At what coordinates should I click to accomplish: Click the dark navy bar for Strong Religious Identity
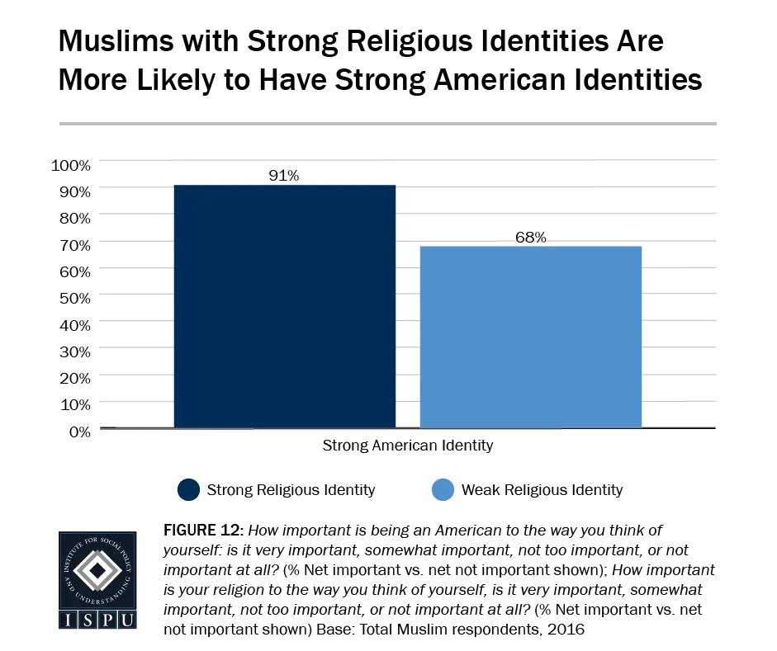pyautogui.click(x=284, y=306)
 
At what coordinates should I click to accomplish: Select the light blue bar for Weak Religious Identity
pyautogui.click(x=530, y=337)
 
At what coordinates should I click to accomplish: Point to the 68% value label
pyautogui.click(x=532, y=238)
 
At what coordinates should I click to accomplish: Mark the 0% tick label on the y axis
pyautogui.click(x=78, y=430)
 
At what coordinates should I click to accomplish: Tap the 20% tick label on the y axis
pyautogui.click(x=73, y=377)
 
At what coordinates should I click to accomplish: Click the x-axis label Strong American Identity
pyautogui.click(x=407, y=446)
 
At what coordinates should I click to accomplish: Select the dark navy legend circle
pyautogui.click(x=189, y=490)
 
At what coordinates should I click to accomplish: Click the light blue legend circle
pyautogui.click(x=443, y=490)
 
